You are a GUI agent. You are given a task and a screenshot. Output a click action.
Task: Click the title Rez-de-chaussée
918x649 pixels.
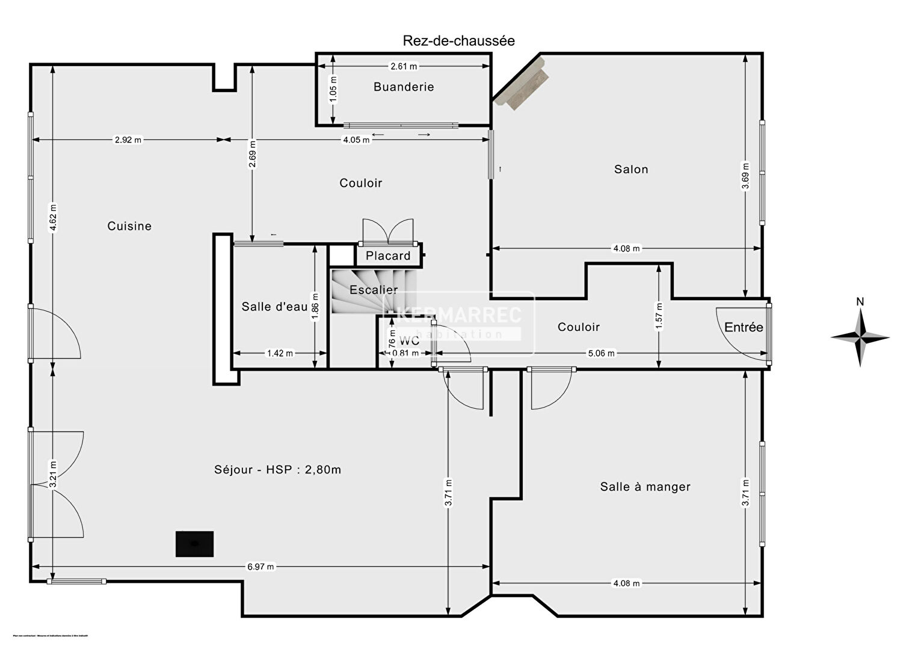click(x=458, y=41)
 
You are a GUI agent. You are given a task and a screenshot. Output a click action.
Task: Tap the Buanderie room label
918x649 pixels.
click(x=404, y=87)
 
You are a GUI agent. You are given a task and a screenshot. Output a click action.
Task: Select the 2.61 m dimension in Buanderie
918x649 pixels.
click(x=404, y=66)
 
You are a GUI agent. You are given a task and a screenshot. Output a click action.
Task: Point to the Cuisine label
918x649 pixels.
click(x=129, y=226)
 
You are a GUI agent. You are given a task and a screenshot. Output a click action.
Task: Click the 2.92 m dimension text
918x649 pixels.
click(x=128, y=140)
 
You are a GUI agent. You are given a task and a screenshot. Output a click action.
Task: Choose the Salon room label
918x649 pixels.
click(x=631, y=169)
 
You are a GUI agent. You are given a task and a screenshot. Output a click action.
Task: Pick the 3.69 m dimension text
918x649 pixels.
click(x=745, y=176)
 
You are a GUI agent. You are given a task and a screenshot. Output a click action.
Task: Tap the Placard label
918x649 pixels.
click(x=388, y=256)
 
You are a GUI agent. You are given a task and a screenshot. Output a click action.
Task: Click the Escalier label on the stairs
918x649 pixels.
click(x=374, y=290)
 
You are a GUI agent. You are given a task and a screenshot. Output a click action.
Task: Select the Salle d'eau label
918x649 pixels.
click(x=274, y=307)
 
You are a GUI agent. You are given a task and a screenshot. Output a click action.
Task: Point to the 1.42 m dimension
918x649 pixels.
click(x=280, y=353)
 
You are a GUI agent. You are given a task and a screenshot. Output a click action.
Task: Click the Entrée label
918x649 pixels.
click(x=744, y=327)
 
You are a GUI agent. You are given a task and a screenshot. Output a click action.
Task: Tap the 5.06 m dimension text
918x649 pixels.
click(x=601, y=353)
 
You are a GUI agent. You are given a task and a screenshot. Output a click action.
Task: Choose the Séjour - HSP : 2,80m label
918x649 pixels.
click(x=277, y=470)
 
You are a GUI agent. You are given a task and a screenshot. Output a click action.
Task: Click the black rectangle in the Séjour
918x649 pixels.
click(x=194, y=544)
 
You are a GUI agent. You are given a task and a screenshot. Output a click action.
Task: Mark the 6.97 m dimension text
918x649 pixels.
click(x=260, y=567)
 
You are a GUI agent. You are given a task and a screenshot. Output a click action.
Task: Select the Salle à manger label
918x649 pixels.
click(x=645, y=487)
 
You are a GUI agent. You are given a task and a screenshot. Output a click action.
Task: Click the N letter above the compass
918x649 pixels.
click(x=860, y=302)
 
